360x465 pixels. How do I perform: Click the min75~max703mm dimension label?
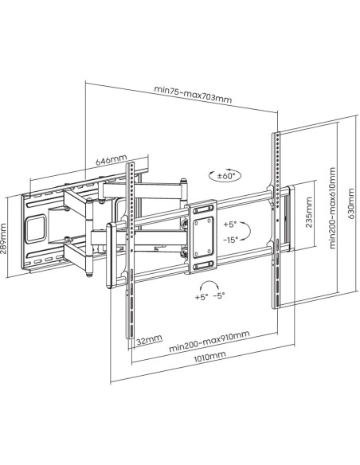193,94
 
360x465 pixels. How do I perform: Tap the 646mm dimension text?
111,160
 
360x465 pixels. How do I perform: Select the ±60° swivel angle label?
226,176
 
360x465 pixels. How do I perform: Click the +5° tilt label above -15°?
230,225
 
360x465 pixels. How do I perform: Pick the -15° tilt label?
231,240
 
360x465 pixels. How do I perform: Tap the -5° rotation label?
219,295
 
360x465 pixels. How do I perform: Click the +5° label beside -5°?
202,297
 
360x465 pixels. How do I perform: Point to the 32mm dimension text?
150,340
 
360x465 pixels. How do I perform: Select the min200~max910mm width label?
209,341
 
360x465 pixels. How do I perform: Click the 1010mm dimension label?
209,357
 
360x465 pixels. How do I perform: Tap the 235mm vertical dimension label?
309,213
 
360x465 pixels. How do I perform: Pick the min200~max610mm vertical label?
333,208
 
